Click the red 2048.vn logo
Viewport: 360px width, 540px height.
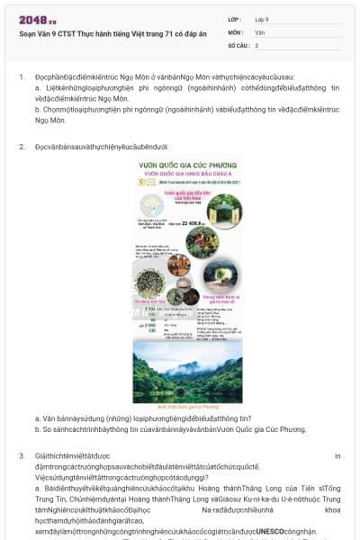[37, 20]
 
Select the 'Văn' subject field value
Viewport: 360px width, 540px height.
[259, 31]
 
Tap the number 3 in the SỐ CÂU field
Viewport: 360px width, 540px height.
[256, 44]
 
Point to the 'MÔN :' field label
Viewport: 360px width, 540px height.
[235, 31]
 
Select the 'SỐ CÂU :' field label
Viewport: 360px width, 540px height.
[238, 44]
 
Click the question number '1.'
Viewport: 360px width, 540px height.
[22, 77]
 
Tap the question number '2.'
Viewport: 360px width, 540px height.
[22, 146]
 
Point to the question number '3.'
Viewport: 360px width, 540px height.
[22, 456]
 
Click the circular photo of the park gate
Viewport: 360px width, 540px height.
[224, 211]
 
